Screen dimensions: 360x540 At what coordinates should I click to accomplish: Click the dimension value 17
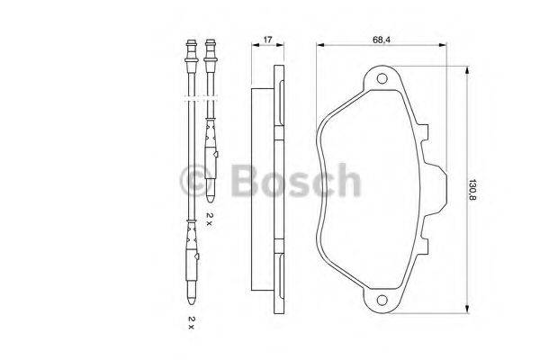267,40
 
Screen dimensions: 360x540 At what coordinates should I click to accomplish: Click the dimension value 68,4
382,40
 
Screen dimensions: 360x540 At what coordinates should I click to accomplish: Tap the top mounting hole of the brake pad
381,82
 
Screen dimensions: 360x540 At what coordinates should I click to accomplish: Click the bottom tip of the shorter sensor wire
211,195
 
